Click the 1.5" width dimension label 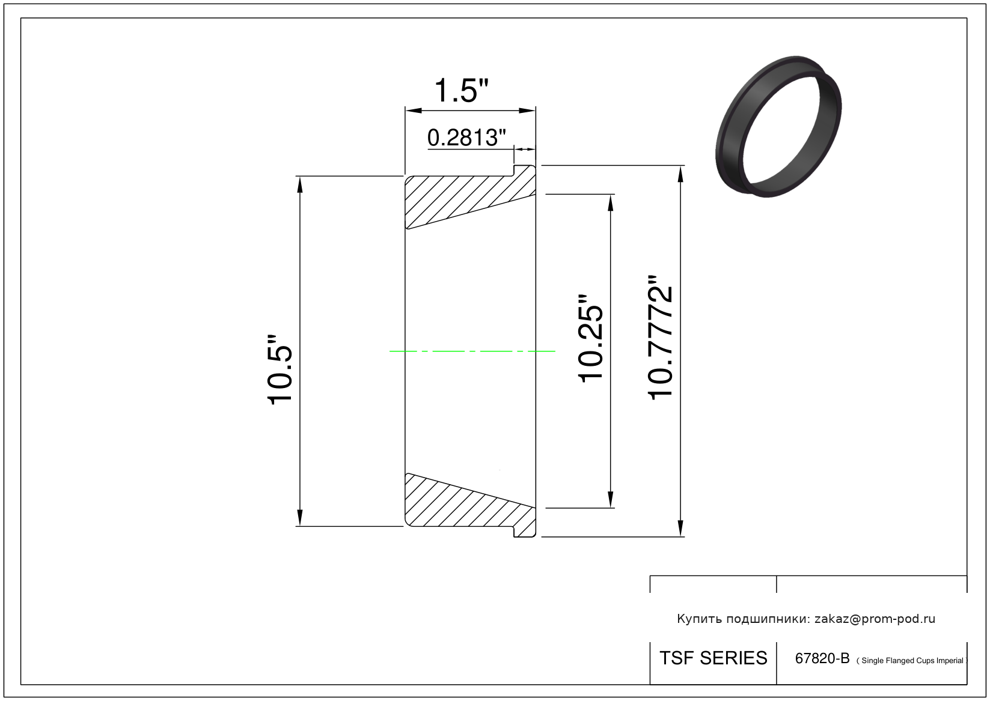(462, 91)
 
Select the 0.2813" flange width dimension (466, 138)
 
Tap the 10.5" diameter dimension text (280, 369)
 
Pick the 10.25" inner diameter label (590, 338)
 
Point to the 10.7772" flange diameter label (660, 338)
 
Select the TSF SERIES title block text (713, 658)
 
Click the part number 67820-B (822, 658)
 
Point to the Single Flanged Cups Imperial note (912, 660)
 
